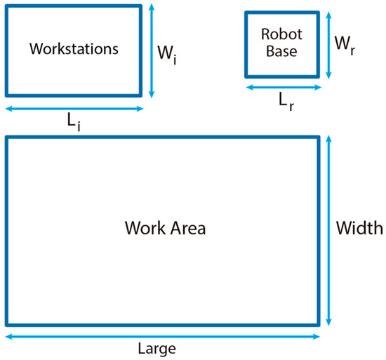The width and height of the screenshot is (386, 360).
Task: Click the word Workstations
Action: [x=74, y=49]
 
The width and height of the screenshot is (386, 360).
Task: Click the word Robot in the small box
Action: [x=279, y=34]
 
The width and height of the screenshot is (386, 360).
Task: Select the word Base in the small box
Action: [x=279, y=51]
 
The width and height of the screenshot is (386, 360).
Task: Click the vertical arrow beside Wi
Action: [x=152, y=51]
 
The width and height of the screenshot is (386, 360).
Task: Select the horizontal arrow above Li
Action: [x=74, y=109]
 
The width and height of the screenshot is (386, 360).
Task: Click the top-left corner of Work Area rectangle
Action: [x=7, y=138]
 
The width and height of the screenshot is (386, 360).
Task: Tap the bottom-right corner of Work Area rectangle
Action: [x=320, y=325]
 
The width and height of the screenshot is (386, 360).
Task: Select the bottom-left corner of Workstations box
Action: [x=7, y=94]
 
